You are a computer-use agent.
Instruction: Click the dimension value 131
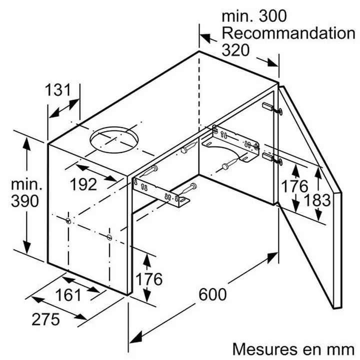(57, 90)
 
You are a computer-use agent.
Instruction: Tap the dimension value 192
(83, 184)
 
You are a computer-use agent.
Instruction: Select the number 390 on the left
(25, 201)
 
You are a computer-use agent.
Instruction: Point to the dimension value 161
(68, 295)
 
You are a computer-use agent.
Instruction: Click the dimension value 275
(45, 320)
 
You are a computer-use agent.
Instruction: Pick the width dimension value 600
(212, 295)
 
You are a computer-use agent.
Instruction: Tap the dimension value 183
(317, 200)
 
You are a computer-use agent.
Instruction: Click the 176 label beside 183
(294, 186)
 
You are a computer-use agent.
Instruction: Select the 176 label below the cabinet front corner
(149, 279)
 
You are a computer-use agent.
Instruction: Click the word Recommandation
(288, 33)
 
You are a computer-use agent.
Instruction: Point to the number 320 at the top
(235, 50)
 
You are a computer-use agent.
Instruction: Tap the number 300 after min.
(273, 16)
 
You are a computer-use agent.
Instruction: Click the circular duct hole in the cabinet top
(114, 140)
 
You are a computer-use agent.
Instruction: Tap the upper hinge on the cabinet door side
(272, 108)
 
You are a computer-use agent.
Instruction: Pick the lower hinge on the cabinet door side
(272, 158)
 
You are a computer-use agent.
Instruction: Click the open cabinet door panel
(310, 197)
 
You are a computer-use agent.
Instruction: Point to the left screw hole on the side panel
(68, 221)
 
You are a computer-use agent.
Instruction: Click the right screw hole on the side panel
(109, 237)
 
